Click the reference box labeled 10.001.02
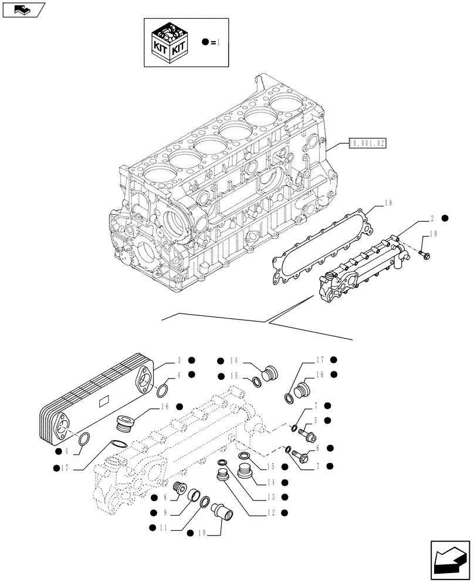pos(367,142)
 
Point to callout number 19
pos(434,234)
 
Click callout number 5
pos(316,420)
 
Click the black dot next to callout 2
pos(445,218)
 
